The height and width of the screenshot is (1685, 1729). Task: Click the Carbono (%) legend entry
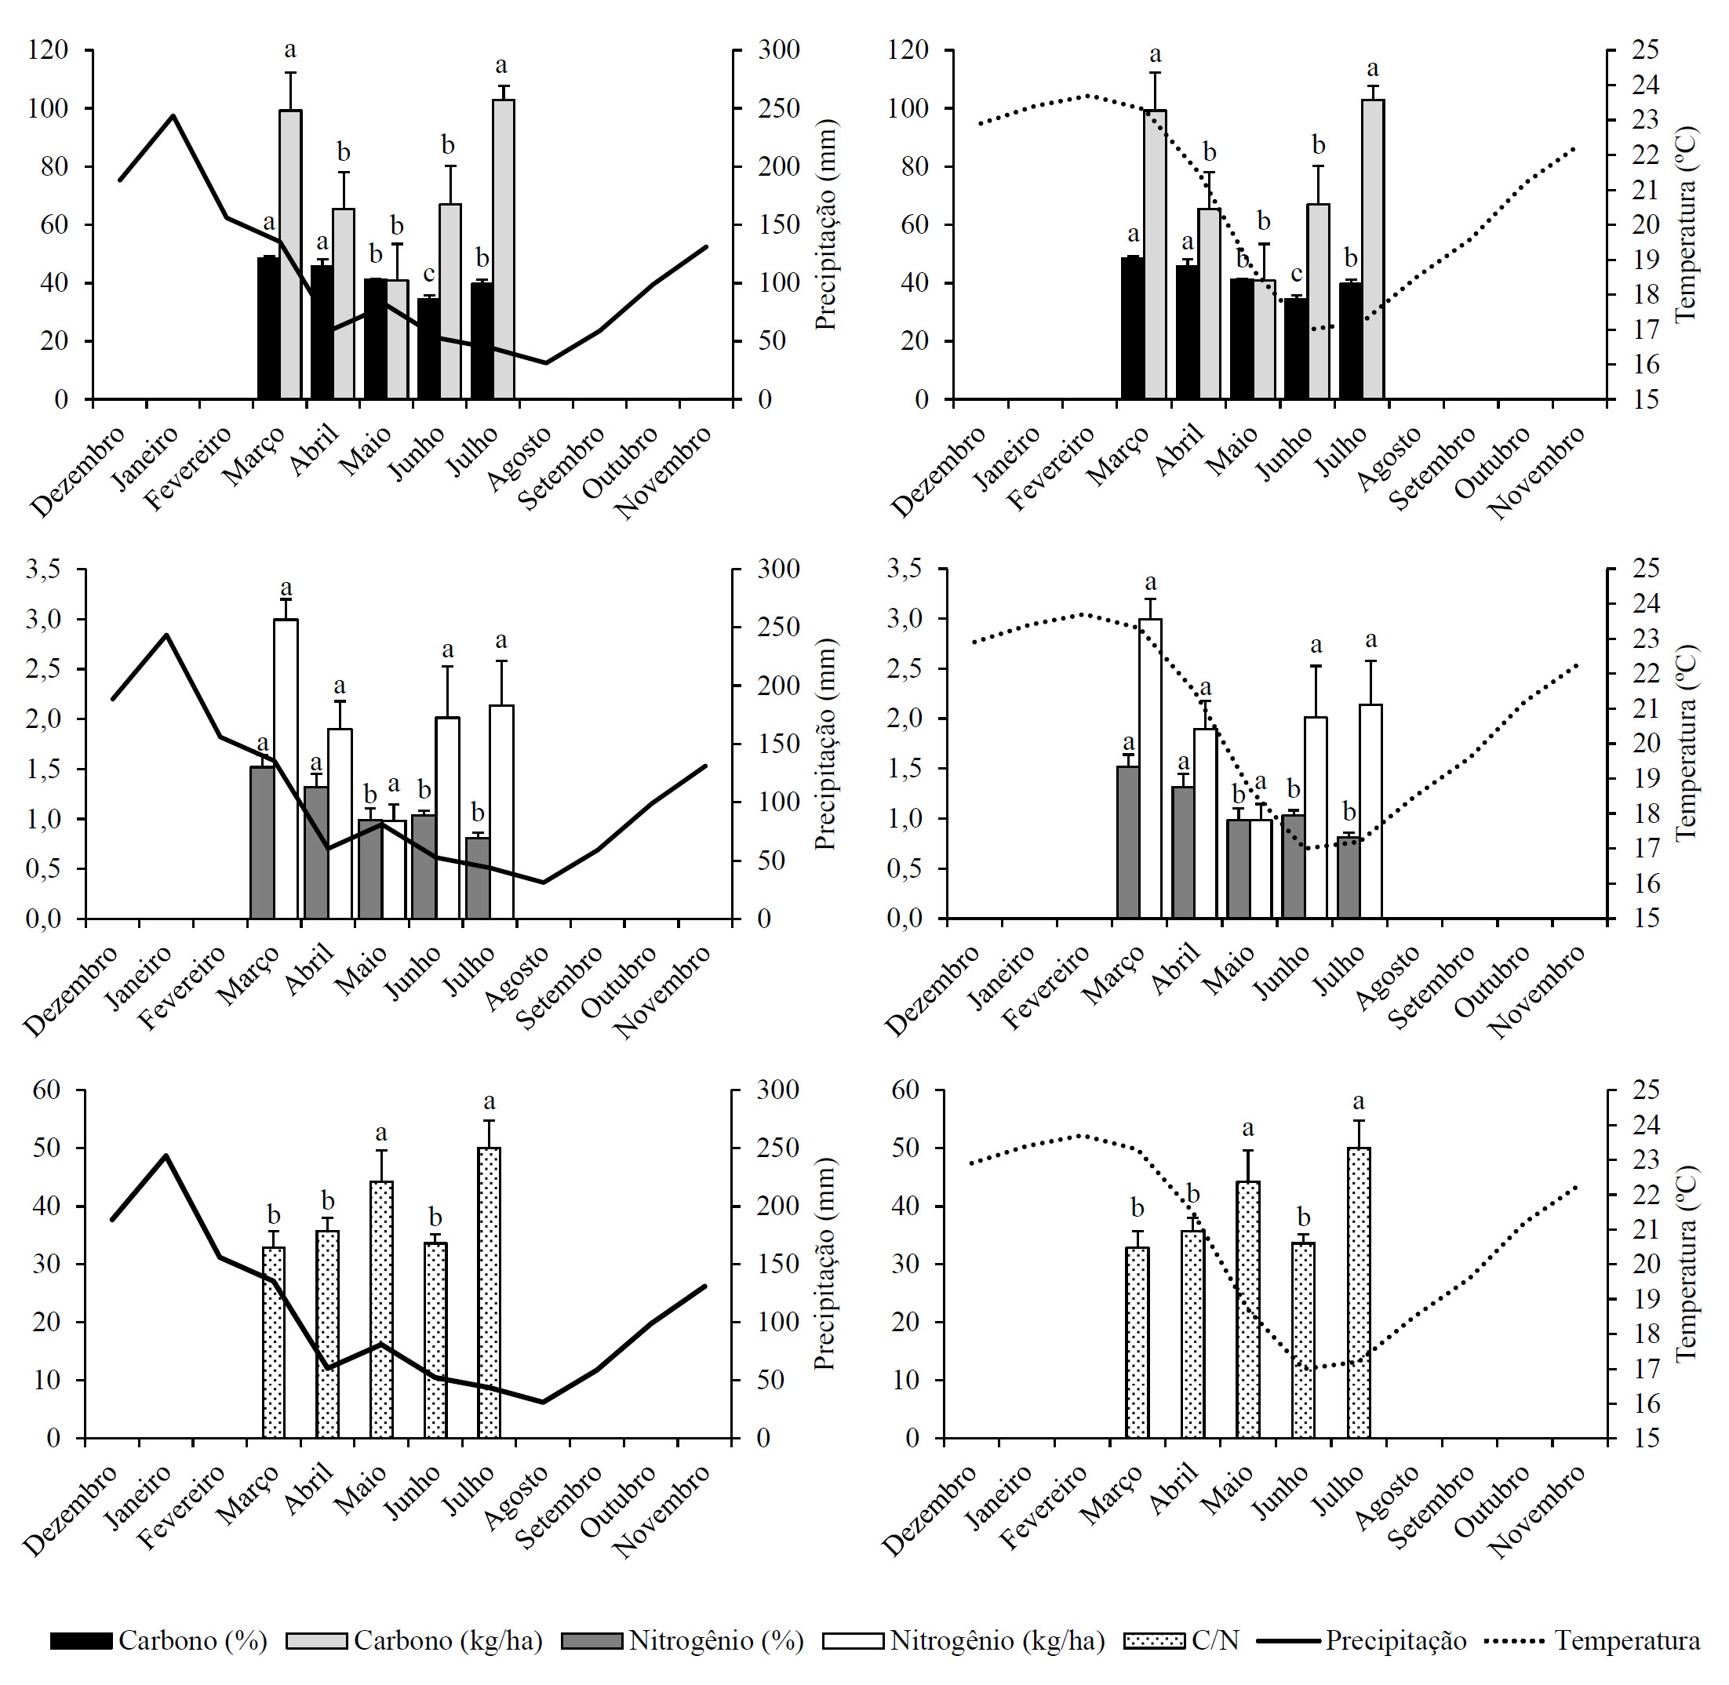point(159,1640)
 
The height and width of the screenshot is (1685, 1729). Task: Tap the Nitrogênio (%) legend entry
point(682,1640)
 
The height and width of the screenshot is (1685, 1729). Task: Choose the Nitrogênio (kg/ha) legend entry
point(964,1640)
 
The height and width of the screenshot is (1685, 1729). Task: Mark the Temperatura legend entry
point(1592,1640)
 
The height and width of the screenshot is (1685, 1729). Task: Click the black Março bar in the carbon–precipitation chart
point(268,327)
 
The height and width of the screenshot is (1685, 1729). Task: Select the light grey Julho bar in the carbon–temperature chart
point(1372,249)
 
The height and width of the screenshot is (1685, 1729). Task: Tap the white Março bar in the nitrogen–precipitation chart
point(286,768)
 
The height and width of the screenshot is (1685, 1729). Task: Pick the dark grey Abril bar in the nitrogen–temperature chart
point(1183,851)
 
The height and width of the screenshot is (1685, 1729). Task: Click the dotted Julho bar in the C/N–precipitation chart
point(490,1293)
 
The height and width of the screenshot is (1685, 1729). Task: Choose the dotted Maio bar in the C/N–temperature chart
point(1247,1310)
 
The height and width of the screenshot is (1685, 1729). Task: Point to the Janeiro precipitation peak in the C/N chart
point(166,1155)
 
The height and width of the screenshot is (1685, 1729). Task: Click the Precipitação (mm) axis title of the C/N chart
point(825,1265)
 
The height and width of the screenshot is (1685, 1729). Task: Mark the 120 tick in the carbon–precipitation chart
point(48,49)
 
